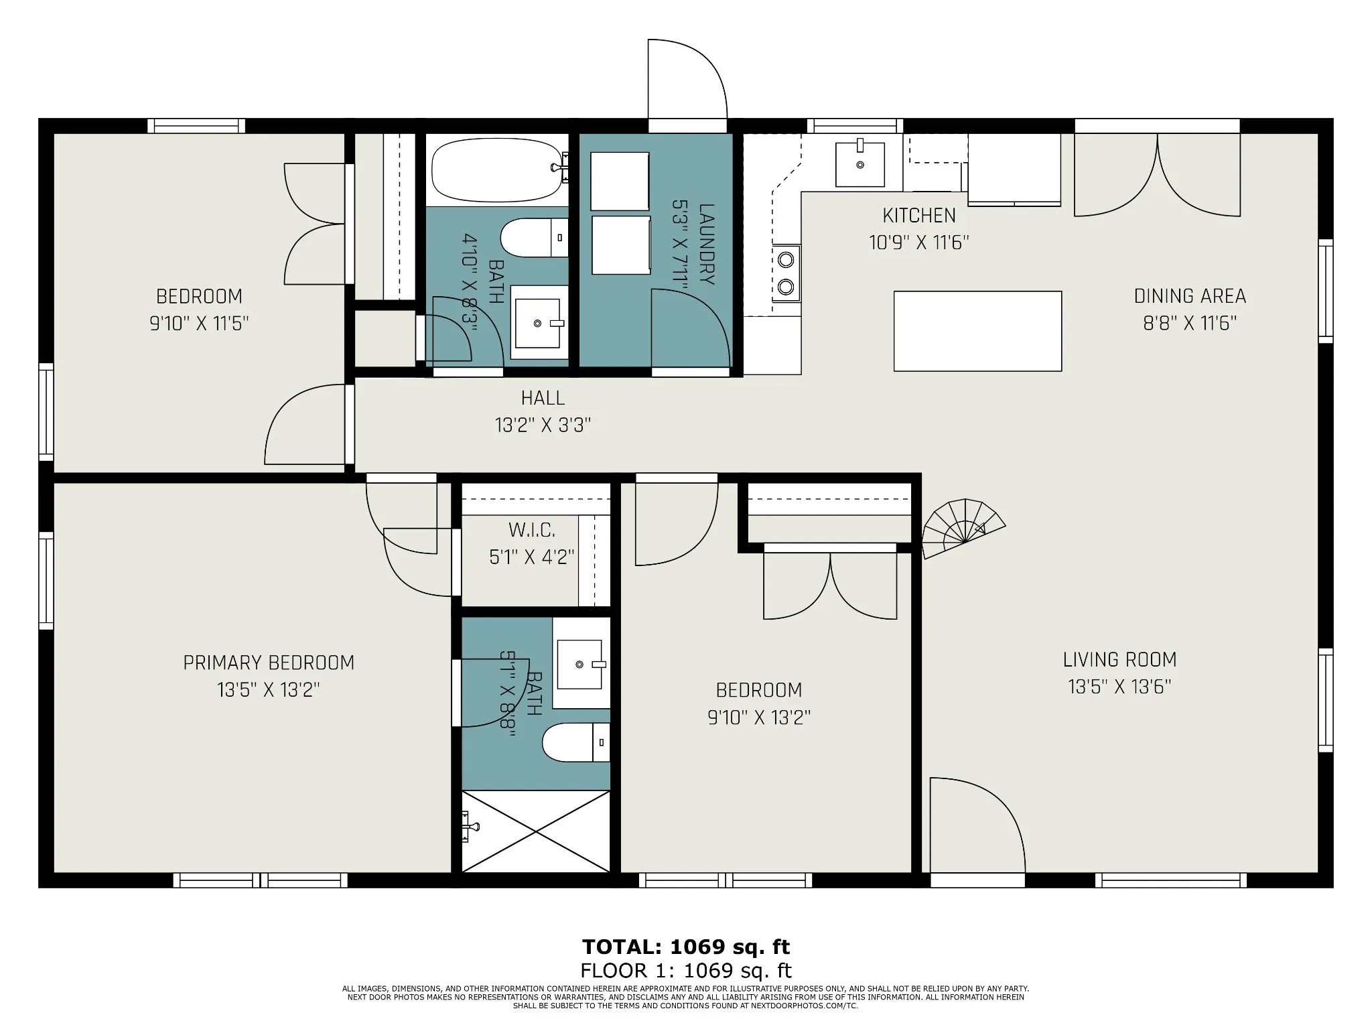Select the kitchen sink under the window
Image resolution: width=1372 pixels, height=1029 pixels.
click(x=860, y=163)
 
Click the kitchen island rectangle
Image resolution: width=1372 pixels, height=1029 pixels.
click(x=977, y=331)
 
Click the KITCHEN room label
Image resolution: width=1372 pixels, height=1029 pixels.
click(x=919, y=216)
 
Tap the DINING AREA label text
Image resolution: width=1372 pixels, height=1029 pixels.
click(x=1190, y=296)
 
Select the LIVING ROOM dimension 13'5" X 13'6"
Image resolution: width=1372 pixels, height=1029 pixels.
click(x=1119, y=687)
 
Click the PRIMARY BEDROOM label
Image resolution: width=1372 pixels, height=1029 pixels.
click(x=269, y=663)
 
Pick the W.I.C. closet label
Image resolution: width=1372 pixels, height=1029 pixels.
click(x=532, y=531)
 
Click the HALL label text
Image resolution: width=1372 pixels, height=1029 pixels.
click(x=543, y=398)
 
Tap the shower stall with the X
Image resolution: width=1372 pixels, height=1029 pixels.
click(x=536, y=831)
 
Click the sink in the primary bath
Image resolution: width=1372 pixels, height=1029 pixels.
click(x=581, y=664)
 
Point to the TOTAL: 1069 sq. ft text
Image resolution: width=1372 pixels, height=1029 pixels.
click(x=686, y=947)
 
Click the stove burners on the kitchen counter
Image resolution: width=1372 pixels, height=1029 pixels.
click(x=786, y=273)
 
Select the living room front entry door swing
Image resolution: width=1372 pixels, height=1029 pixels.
click(x=978, y=825)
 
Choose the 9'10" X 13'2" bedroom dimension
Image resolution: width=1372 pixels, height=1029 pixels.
click(x=759, y=717)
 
